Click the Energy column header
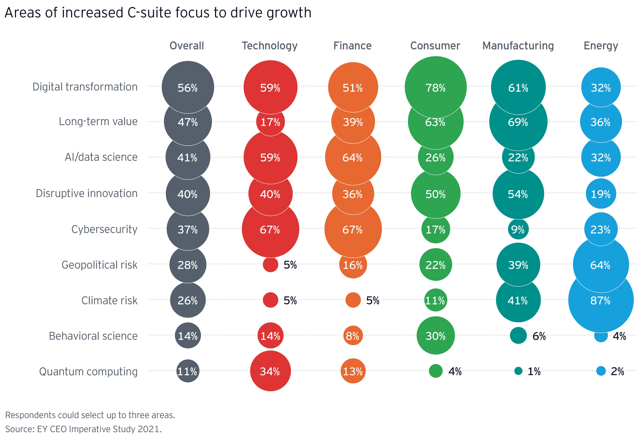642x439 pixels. pos(601,46)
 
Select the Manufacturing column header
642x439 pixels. pos(518,46)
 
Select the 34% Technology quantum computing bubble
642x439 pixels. pos(270,371)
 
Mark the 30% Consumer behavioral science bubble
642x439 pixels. pos(435,336)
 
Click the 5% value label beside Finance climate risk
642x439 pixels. pos(373,301)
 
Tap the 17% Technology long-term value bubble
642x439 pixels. pos(270,122)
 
